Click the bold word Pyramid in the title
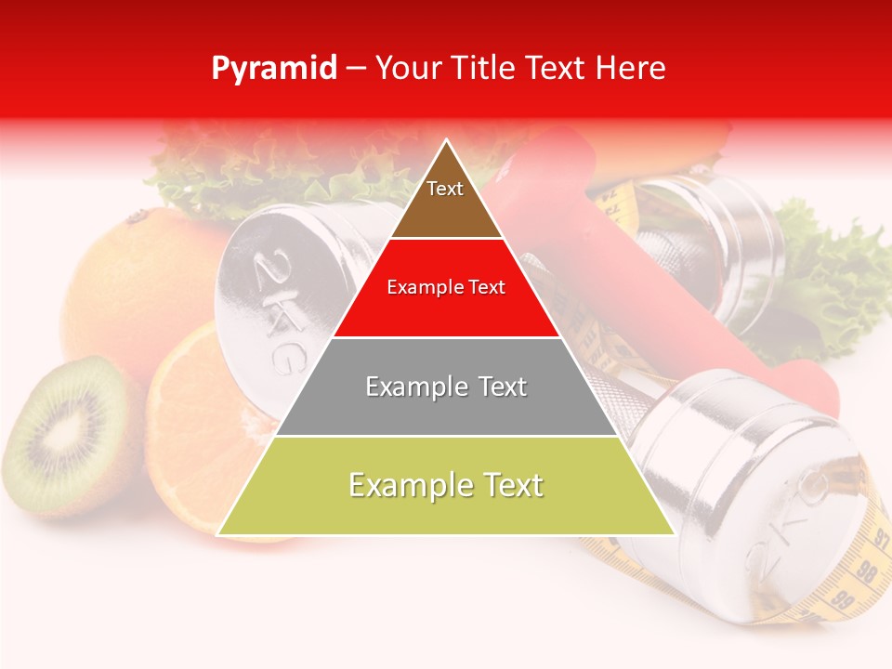(x=273, y=69)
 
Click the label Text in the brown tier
(x=445, y=189)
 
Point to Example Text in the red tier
(x=446, y=287)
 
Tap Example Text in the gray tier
(x=446, y=387)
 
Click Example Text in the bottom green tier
(x=446, y=485)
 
